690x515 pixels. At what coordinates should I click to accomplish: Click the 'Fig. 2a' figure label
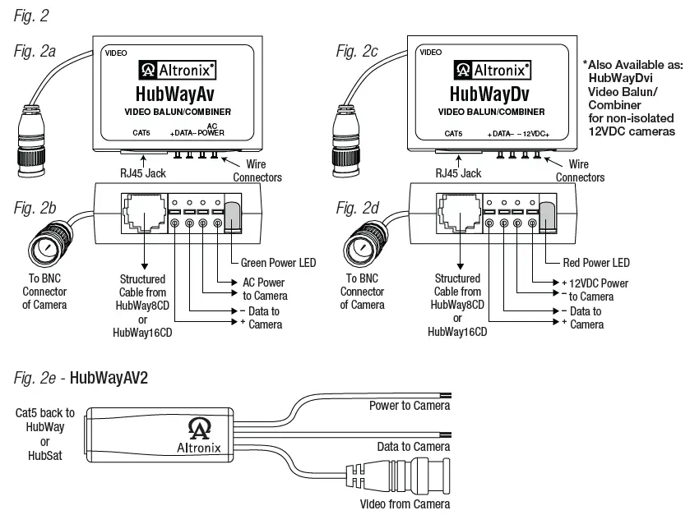click(x=35, y=52)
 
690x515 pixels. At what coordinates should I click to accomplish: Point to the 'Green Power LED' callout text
click(x=278, y=263)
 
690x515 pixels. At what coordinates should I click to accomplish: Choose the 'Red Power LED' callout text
click(x=597, y=263)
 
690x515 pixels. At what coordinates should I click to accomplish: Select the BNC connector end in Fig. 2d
click(x=355, y=243)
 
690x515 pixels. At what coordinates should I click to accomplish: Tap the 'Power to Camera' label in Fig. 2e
click(x=409, y=406)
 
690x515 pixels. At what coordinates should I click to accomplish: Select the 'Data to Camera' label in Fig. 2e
click(x=413, y=446)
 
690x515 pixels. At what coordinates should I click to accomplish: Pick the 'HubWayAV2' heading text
click(x=109, y=379)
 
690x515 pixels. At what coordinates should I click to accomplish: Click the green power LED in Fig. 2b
click(x=234, y=216)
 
